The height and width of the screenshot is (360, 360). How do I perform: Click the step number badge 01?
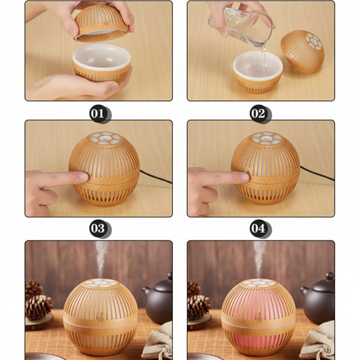click(x=98, y=113)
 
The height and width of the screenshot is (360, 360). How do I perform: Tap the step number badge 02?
click(x=258, y=113)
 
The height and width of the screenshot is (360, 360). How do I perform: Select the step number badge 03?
click(x=98, y=228)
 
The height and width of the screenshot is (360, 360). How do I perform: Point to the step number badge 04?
click(x=258, y=228)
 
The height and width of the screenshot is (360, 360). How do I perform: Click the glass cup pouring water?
click(x=241, y=25)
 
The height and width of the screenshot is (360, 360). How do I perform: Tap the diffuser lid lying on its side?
click(x=303, y=51)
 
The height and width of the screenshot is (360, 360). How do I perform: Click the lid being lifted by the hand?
click(x=101, y=23)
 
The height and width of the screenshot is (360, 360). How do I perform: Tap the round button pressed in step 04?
click(x=248, y=173)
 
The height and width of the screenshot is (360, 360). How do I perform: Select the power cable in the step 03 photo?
click(x=155, y=177)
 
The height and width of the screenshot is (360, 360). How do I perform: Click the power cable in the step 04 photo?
click(x=317, y=173)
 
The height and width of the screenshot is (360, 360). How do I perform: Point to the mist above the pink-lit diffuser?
click(x=259, y=259)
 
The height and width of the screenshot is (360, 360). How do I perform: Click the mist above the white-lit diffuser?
click(x=101, y=259)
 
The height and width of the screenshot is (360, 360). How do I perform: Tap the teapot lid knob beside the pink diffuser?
click(x=330, y=276)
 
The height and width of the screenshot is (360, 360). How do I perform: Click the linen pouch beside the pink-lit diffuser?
click(x=319, y=340)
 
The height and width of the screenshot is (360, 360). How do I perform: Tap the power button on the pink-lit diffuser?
click(x=259, y=319)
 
